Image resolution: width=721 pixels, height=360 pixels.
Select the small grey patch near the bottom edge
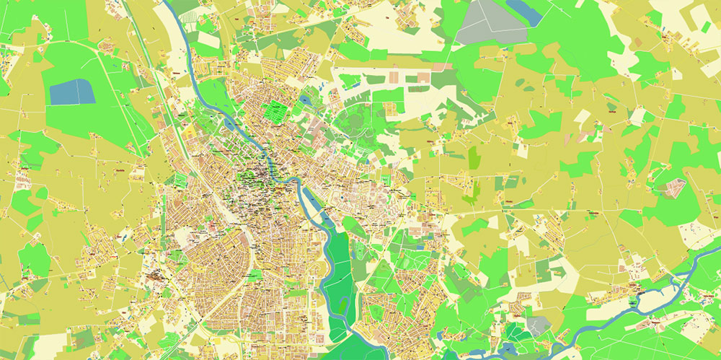pos(537,325)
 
